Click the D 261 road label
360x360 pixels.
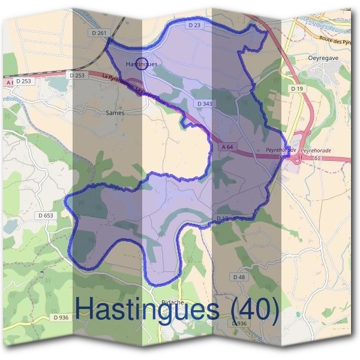coord(101,32)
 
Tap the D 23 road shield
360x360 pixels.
coord(193,25)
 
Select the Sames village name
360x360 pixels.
coord(114,112)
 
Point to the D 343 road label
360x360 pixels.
coord(205,104)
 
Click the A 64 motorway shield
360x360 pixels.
coord(227,146)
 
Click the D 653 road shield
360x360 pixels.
coord(46,215)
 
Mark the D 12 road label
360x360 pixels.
coord(223,218)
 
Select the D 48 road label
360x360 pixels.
coord(239,277)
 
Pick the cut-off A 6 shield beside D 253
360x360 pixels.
coord(8,82)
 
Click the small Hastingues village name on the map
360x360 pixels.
coord(142,64)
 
